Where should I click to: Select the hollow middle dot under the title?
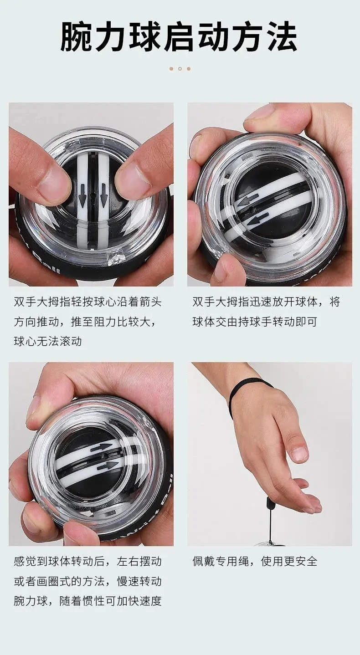point(180,69)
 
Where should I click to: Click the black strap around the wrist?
point(246,390)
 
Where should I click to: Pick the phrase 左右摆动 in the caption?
point(139,562)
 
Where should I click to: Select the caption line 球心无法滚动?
point(48,342)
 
